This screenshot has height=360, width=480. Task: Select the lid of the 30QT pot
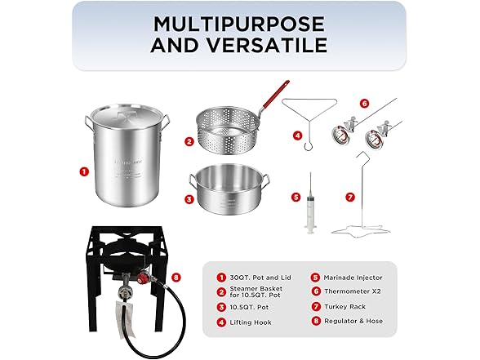(127, 119)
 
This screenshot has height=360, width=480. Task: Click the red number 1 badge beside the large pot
(82, 172)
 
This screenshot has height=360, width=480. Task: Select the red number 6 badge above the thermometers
(364, 104)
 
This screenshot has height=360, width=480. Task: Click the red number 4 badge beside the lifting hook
(297, 136)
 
